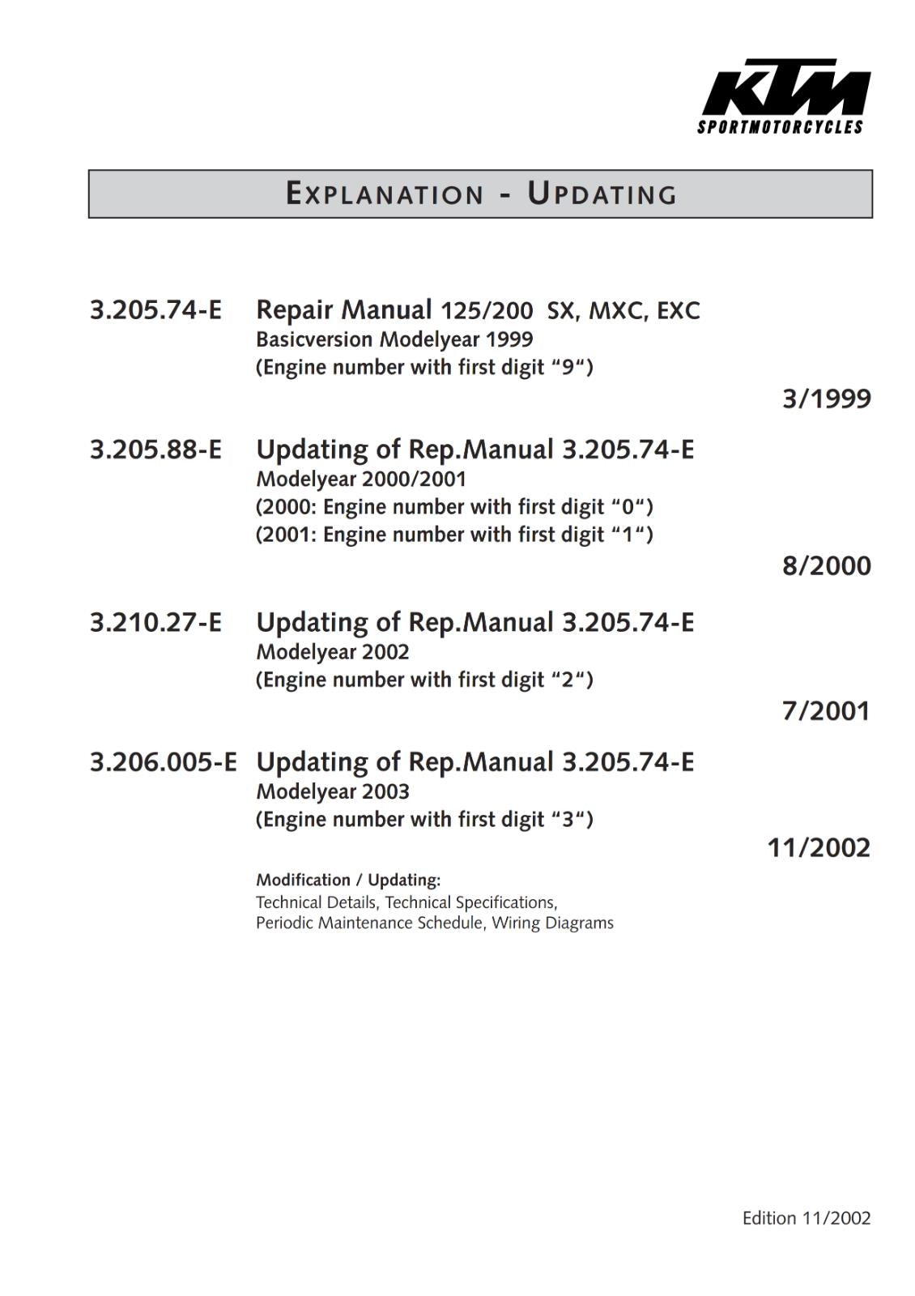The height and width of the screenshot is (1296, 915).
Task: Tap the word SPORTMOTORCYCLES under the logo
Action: [x=781, y=127]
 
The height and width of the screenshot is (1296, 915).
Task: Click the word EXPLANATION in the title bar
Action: [x=385, y=194]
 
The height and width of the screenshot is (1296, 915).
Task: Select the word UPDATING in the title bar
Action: [x=602, y=194]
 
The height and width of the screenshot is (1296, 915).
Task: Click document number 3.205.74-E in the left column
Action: [x=155, y=310]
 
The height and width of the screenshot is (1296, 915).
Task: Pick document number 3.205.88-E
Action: [x=155, y=450]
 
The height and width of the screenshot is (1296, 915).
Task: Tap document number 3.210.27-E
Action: [x=155, y=622]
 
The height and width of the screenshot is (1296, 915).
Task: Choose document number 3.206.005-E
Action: [x=163, y=762]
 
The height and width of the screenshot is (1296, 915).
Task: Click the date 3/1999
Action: [x=826, y=399]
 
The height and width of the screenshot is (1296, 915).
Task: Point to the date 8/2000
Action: [x=826, y=565]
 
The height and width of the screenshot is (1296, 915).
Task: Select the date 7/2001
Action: [x=826, y=711]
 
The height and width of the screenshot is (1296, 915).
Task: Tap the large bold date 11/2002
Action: [x=819, y=848]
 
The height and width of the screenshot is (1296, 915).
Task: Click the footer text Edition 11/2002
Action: [x=806, y=1218]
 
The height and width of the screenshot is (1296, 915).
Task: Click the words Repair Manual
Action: [x=344, y=310]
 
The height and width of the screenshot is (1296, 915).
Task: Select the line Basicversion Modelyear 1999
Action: [x=394, y=339]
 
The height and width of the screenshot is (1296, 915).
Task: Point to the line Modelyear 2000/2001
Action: [x=361, y=479]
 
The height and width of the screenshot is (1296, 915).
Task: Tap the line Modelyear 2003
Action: [x=333, y=791]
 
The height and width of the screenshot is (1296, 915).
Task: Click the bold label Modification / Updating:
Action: [x=348, y=880]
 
